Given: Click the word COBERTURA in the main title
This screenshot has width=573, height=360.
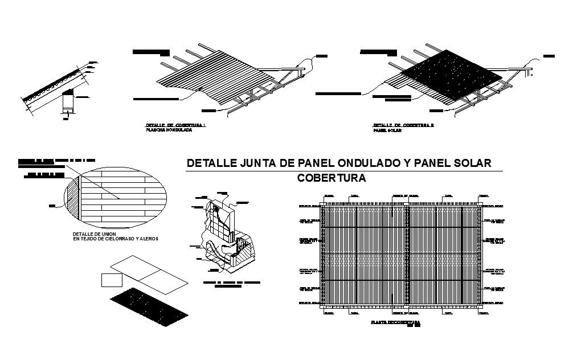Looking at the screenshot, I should point(331,178).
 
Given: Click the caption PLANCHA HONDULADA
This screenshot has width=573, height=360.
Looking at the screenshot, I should point(169,130).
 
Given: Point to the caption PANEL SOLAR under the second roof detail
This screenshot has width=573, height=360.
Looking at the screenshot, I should point(387,130).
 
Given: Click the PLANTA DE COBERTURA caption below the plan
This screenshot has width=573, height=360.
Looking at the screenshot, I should point(395,322).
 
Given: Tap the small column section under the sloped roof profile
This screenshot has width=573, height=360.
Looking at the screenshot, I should point(68,103).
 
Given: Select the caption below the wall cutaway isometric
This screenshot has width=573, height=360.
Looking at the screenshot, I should point(232,284).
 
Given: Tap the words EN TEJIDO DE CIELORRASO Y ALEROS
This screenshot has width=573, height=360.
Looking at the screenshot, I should point(115,239).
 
